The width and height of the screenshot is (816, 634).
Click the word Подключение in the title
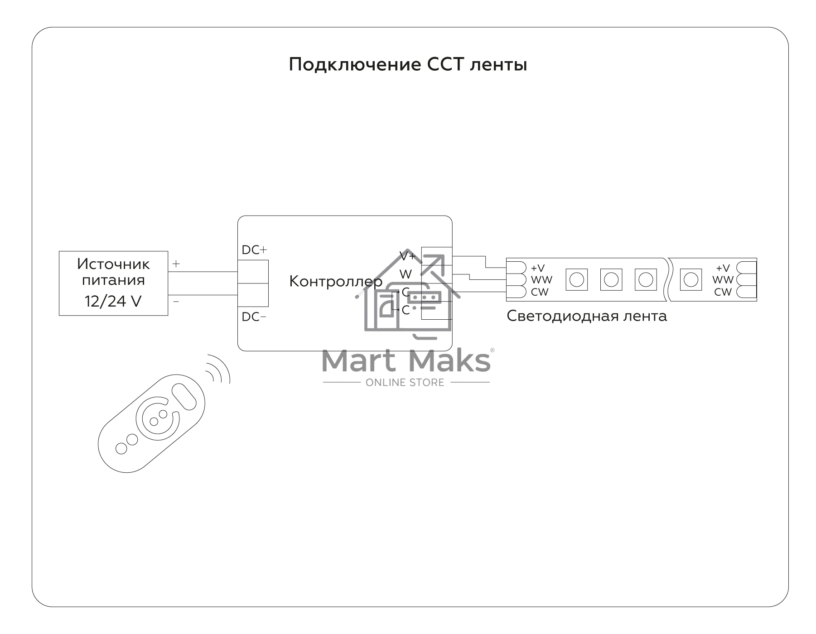click(x=355, y=65)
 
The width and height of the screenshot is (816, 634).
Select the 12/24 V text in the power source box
click(x=113, y=301)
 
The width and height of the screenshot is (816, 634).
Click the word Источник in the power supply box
click(x=113, y=264)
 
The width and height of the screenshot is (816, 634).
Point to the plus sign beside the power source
click(x=176, y=264)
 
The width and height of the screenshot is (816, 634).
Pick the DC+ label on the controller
click(x=254, y=250)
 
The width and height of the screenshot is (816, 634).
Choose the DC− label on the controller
click(x=254, y=317)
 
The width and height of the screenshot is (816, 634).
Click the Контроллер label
click(x=336, y=282)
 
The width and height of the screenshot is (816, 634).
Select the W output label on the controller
click(x=406, y=274)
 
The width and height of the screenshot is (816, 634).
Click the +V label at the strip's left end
click(x=538, y=269)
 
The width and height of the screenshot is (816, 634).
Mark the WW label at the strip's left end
click(x=541, y=280)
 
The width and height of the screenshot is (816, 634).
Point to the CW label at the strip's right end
click(x=723, y=292)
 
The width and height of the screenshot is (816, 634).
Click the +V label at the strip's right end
click(x=723, y=268)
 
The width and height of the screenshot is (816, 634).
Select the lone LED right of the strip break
click(x=691, y=280)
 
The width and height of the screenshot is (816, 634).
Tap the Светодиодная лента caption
click(x=587, y=316)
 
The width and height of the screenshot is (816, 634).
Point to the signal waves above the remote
click(x=218, y=368)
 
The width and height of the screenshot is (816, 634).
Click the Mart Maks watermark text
click(x=406, y=360)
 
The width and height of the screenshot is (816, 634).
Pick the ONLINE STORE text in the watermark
click(x=405, y=383)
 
